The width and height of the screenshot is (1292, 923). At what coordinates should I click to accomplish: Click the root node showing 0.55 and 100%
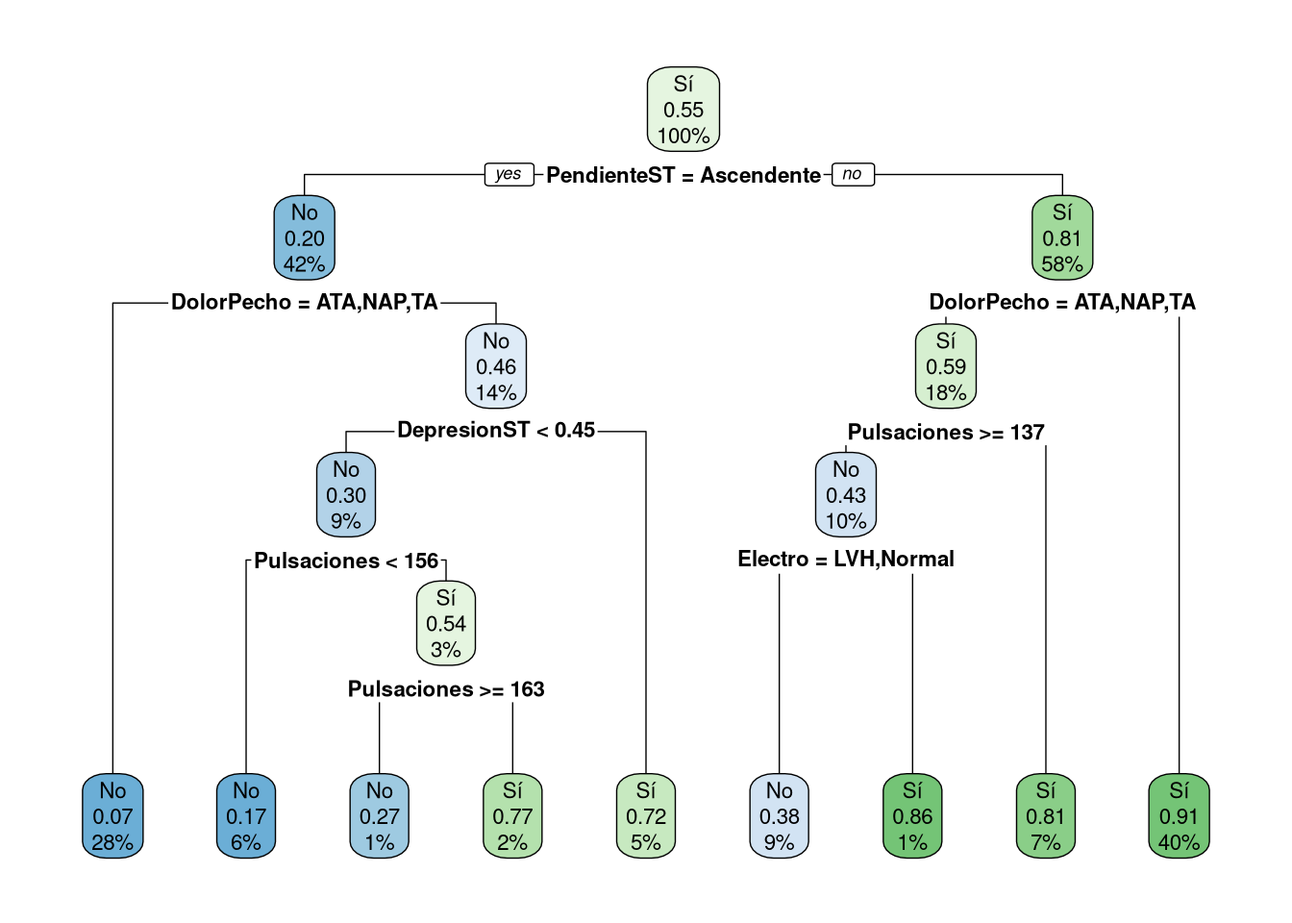(x=683, y=110)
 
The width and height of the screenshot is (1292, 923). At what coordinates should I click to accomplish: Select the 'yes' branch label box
(x=509, y=174)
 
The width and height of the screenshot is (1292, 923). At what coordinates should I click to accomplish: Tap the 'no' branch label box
(x=853, y=174)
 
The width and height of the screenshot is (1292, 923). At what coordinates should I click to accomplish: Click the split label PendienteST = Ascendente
(x=683, y=175)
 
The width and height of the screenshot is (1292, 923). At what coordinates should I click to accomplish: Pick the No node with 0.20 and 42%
(x=305, y=237)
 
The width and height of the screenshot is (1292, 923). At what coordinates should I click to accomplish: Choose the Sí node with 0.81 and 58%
(x=1062, y=237)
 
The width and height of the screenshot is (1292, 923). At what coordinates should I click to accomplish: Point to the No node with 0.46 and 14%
(x=496, y=366)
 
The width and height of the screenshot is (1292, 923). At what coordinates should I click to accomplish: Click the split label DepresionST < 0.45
(x=496, y=431)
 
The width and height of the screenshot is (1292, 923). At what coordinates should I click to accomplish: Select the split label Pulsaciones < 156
(x=346, y=561)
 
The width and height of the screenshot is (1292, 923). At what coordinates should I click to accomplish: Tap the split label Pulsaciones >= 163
(x=446, y=689)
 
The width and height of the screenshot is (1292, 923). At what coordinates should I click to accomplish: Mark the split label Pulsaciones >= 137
(x=946, y=433)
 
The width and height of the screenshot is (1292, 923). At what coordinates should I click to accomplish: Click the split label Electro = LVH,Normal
(x=846, y=560)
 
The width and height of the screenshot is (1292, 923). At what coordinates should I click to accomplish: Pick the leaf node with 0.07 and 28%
(x=112, y=816)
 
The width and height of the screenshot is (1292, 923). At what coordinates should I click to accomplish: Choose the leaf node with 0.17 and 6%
(x=246, y=816)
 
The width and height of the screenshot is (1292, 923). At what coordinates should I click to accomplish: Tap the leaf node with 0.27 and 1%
(x=380, y=816)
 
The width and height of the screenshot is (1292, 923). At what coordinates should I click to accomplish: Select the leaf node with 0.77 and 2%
(x=512, y=816)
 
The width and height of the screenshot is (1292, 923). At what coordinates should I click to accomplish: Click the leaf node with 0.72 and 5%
(x=646, y=816)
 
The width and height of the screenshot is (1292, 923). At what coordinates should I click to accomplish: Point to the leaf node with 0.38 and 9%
(x=780, y=816)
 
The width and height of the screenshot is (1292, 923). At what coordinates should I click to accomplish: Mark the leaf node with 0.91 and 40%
(x=1179, y=816)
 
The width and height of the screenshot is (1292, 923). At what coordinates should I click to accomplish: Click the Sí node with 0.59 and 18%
(x=946, y=366)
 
